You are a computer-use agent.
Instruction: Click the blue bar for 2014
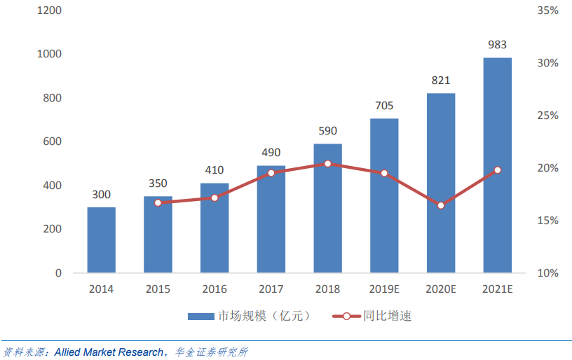(102, 240)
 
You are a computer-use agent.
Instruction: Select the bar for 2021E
(497, 165)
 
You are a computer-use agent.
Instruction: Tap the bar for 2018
(327, 208)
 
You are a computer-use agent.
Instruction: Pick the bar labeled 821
(441, 183)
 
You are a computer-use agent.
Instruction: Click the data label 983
(497, 46)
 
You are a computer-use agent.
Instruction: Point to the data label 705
(384, 106)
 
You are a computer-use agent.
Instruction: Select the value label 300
(102, 195)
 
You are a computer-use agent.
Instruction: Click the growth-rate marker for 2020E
(441, 205)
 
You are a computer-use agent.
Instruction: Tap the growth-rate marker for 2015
(158, 202)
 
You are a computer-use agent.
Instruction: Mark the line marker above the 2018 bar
(327, 164)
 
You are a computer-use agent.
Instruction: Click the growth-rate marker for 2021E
(498, 170)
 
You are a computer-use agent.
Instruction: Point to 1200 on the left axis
(48, 11)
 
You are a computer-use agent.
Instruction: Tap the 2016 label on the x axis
(214, 289)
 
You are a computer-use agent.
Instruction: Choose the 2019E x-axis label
(384, 289)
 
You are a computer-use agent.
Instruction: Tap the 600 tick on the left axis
(51, 141)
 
